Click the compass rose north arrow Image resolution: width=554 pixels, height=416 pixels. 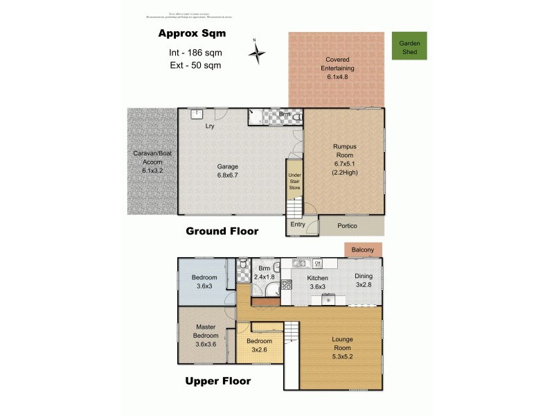click(257, 52)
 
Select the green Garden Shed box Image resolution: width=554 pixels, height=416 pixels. click(409, 46)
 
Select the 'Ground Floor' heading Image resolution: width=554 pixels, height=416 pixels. click(222, 231)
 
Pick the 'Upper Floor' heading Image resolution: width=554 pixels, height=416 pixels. click(217, 381)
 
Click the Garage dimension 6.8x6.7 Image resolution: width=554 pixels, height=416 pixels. click(227, 175)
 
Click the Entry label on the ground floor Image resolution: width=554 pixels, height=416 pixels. click(298, 224)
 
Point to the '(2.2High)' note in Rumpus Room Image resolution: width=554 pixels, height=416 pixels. click(344, 172)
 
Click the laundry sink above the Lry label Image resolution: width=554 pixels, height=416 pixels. click(197, 114)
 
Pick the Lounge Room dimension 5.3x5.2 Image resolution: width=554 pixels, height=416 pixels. click(342, 356)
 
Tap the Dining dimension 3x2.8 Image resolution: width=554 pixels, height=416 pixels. click(364, 284)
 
